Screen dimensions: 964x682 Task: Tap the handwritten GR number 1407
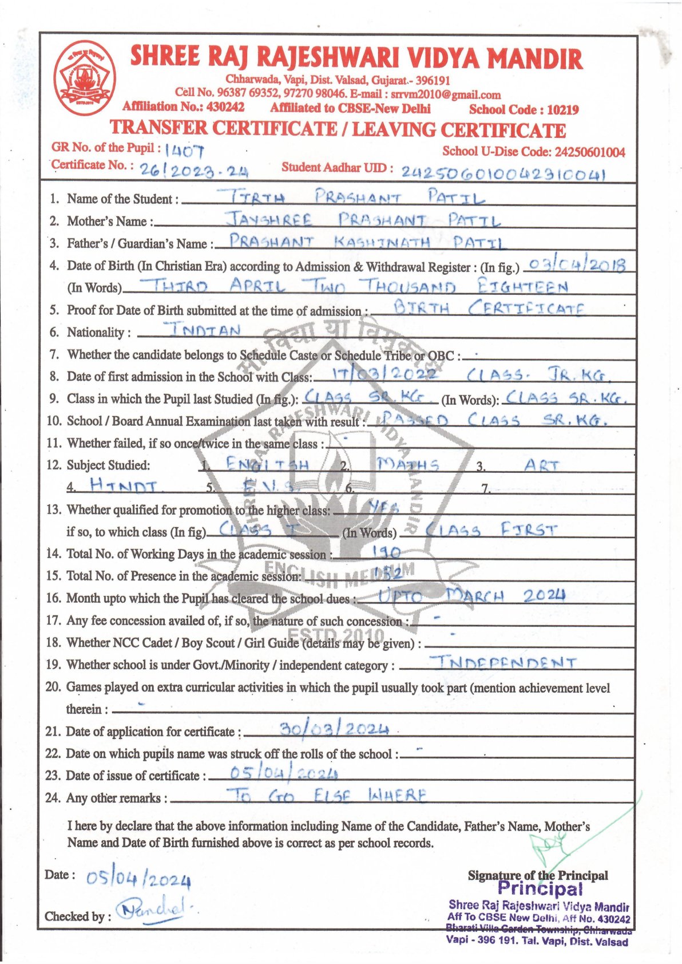coord(184,151)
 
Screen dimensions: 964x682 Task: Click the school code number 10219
coord(562,109)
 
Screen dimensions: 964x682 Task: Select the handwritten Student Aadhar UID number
coord(503,172)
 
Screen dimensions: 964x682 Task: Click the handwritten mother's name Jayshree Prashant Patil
coord(363,220)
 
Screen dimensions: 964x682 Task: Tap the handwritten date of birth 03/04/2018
coord(576,264)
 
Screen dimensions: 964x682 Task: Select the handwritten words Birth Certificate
coord(489,309)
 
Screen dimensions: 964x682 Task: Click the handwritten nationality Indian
coord(203,330)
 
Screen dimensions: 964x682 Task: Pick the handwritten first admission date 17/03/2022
coord(384,374)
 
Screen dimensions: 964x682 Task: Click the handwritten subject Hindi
coord(123,487)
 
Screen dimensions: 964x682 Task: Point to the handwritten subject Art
coord(541,465)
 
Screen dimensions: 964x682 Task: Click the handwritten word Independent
coord(503,663)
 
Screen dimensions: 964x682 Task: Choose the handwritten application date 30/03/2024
coord(335,729)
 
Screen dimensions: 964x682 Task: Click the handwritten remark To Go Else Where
coord(327,795)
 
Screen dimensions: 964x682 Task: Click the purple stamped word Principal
coord(540,888)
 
